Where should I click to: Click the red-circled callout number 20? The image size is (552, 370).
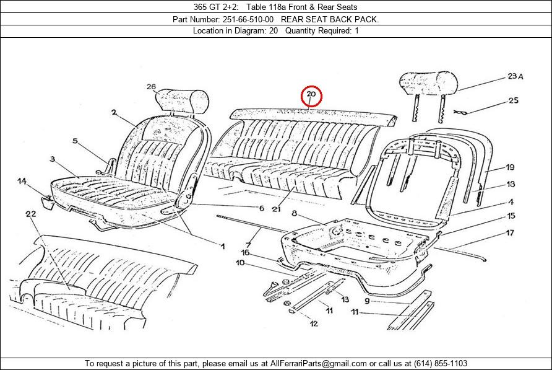311,94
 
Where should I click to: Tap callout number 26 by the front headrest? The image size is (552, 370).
151,87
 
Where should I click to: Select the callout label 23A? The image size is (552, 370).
515,76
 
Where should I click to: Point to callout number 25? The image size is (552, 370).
513,100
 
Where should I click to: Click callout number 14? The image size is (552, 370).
22,182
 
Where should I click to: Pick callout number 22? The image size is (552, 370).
30,214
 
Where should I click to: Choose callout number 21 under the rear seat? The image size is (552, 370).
276,209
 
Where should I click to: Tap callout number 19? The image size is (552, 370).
510,167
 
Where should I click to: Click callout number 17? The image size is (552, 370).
510,233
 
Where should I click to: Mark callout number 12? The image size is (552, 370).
314,323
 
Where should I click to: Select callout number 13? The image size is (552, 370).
345,299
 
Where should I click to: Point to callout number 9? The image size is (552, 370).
367,301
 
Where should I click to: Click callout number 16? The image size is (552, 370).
245,252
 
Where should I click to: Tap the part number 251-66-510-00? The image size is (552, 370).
248,19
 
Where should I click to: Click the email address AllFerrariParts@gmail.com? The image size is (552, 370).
318,363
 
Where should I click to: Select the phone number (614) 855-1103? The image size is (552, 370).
441,363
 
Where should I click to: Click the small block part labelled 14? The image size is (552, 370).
47,203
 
